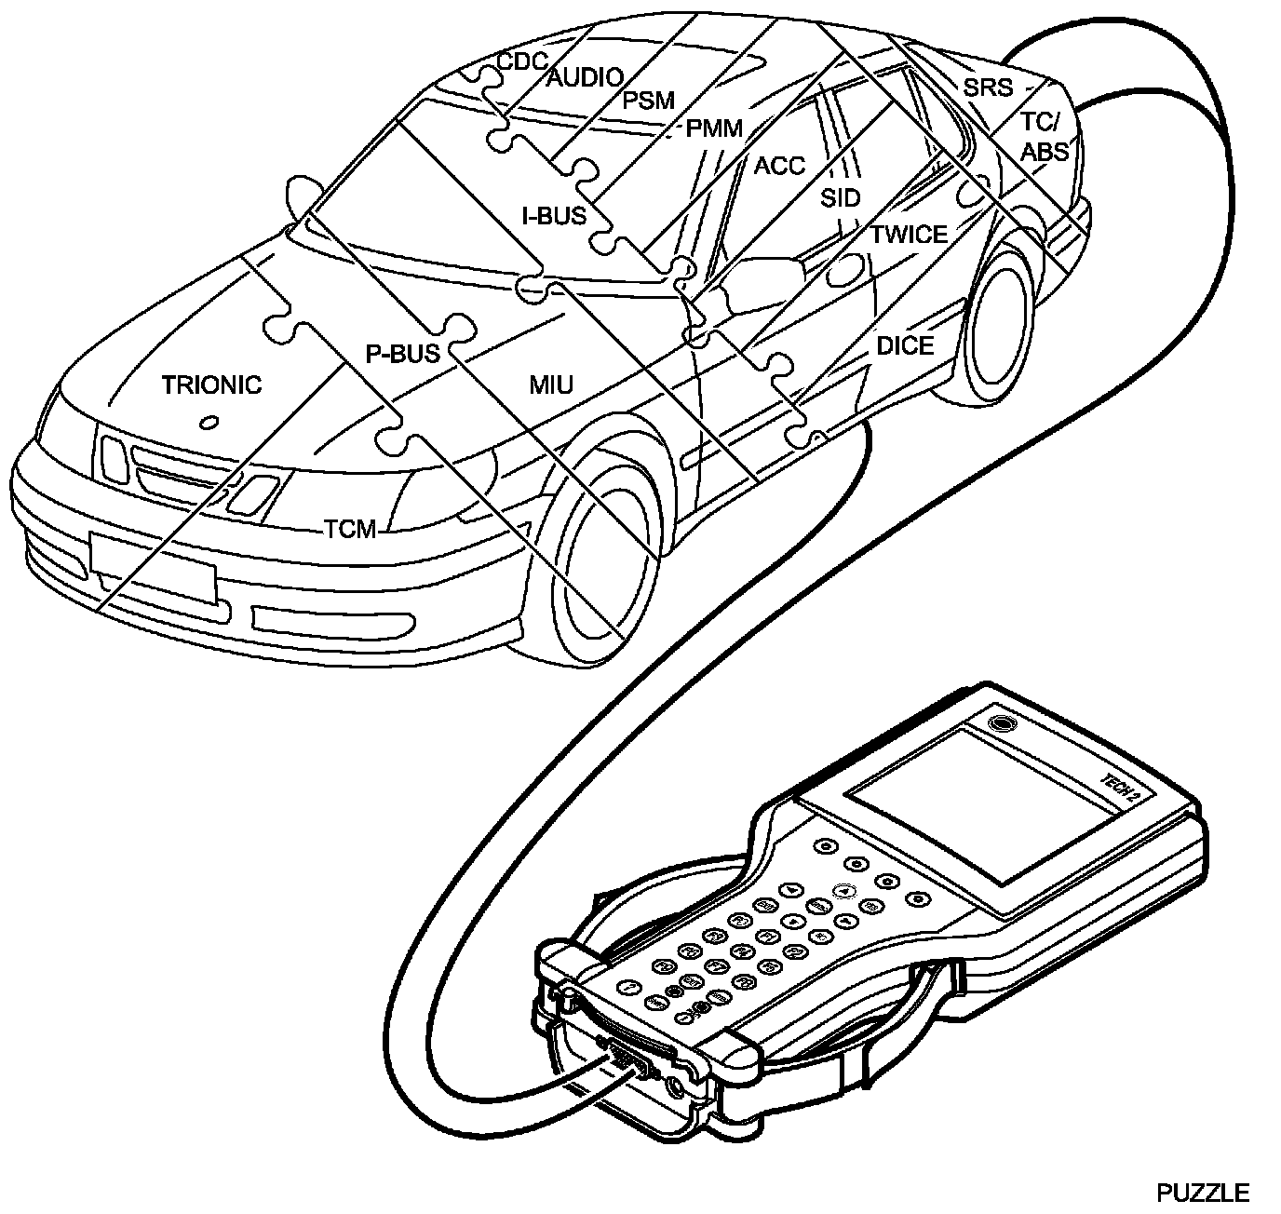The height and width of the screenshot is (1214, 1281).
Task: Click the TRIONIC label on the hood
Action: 211,384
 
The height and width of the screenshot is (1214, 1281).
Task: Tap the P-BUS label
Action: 401,354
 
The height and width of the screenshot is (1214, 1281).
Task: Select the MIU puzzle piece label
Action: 551,384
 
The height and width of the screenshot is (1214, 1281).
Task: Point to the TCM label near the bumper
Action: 350,530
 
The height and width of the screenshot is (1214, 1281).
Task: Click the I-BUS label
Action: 554,216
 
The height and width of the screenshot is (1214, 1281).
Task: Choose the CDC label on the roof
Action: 521,61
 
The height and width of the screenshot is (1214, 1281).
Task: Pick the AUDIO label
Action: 584,78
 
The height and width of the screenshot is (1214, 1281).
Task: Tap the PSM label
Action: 648,101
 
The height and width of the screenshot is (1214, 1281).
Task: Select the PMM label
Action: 714,129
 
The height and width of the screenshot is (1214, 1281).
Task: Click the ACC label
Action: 778,166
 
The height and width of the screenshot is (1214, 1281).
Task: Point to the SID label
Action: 840,198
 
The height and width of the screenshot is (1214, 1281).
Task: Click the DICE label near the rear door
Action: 904,346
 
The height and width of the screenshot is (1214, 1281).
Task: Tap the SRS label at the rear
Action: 987,88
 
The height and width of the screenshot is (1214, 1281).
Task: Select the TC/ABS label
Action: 1045,136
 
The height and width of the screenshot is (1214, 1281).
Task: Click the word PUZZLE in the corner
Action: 1202,1193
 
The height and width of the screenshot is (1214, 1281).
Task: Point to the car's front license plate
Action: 153,568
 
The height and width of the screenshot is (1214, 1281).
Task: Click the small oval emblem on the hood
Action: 209,423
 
